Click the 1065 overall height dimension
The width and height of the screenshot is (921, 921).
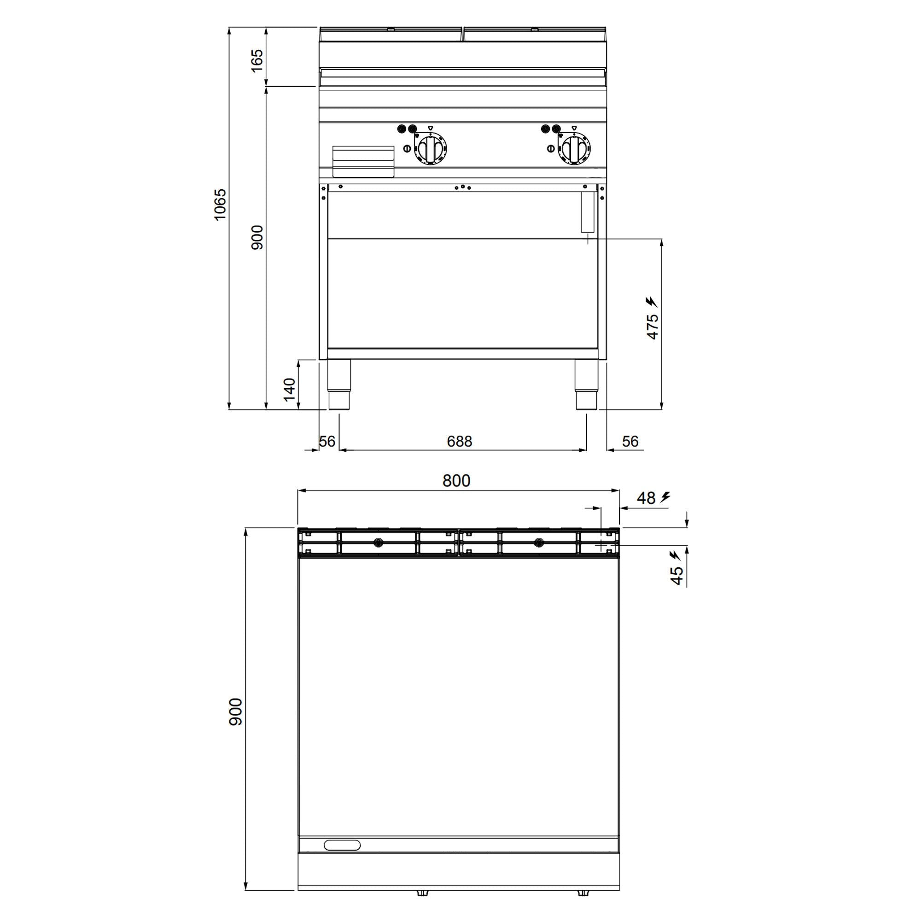[x=220, y=204]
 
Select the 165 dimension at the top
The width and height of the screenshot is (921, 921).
[x=256, y=60]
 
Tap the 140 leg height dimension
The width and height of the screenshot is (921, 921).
[x=289, y=389]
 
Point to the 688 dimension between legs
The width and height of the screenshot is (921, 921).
[x=460, y=442]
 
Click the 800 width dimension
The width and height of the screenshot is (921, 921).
[x=456, y=480]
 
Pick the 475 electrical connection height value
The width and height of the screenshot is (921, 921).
[x=653, y=326]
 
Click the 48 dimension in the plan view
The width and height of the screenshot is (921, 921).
[x=646, y=498]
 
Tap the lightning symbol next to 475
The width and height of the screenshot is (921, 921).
[x=652, y=302]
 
